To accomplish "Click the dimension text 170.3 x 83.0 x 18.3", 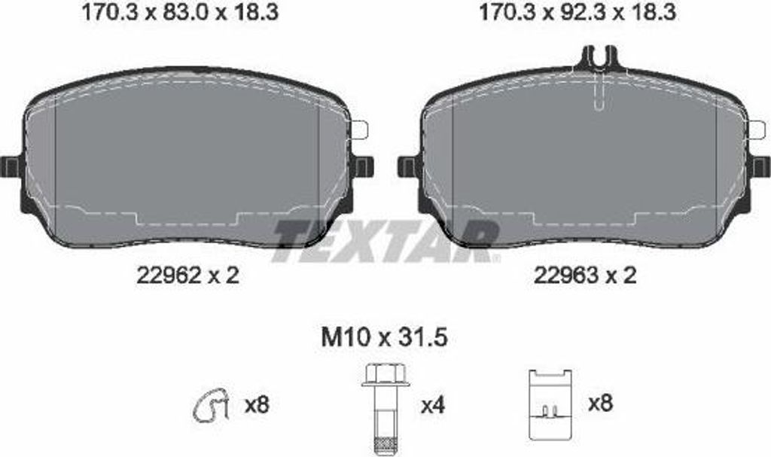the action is [x=179, y=12].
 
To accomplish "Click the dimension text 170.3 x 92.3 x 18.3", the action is [x=577, y=12].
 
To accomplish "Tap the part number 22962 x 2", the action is [x=187, y=275].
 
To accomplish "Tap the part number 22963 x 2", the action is [x=585, y=275].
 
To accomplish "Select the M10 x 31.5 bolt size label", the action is [x=385, y=338].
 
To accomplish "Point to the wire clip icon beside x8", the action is [x=211, y=405].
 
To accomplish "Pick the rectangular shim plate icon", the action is [x=550, y=404].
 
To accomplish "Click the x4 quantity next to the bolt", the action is [x=433, y=406].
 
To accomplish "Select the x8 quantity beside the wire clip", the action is [x=257, y=405].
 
